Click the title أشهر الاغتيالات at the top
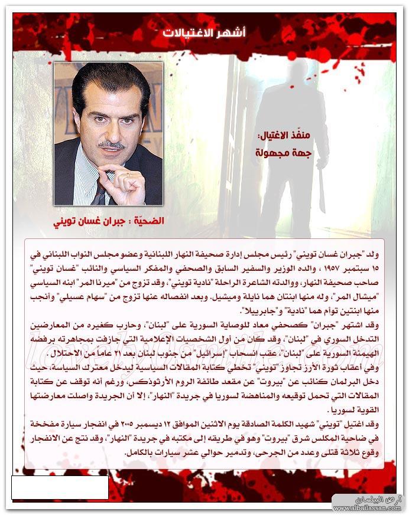[204, 32]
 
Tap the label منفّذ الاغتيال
[278, 135]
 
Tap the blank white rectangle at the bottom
[60, 487]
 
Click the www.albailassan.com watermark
[367, 507]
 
